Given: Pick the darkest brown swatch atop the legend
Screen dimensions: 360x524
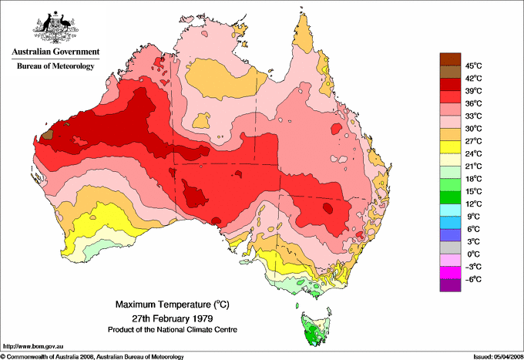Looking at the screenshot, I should (x=450, y=59).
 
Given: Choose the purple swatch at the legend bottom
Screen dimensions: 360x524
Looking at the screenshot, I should (x=450, y=285).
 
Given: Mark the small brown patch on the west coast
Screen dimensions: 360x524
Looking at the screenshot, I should (x=48, y=134).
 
